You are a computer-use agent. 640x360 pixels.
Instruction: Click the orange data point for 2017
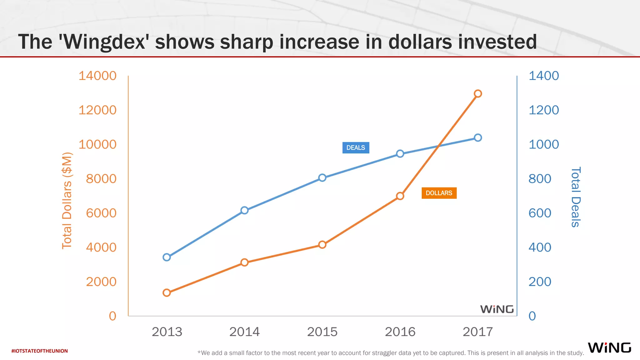477,93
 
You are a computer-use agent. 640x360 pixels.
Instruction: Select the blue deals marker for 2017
477,137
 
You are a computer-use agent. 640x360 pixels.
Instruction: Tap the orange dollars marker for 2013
167,292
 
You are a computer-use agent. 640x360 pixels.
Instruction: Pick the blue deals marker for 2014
244,210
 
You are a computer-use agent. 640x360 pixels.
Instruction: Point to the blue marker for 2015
322,178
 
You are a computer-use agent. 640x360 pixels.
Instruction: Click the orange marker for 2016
400,196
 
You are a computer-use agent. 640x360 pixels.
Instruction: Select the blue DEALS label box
356,147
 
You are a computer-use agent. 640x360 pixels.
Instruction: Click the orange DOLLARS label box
439,193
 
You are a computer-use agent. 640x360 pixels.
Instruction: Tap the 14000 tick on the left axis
97,76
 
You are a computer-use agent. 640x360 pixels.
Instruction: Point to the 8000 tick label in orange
101,179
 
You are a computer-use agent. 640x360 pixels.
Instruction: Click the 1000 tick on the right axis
543,144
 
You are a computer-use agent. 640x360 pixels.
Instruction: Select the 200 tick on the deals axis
540,282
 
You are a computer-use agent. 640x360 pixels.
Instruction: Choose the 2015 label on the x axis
322,332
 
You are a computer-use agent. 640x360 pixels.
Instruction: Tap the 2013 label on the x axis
167,332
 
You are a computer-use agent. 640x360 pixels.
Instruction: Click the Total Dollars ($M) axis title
67,200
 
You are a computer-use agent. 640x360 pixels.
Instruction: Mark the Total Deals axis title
576,197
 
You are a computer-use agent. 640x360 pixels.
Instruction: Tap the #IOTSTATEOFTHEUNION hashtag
39,351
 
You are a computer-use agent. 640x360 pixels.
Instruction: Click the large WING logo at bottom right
609,347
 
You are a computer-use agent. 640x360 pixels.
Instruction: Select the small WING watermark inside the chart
497,309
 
